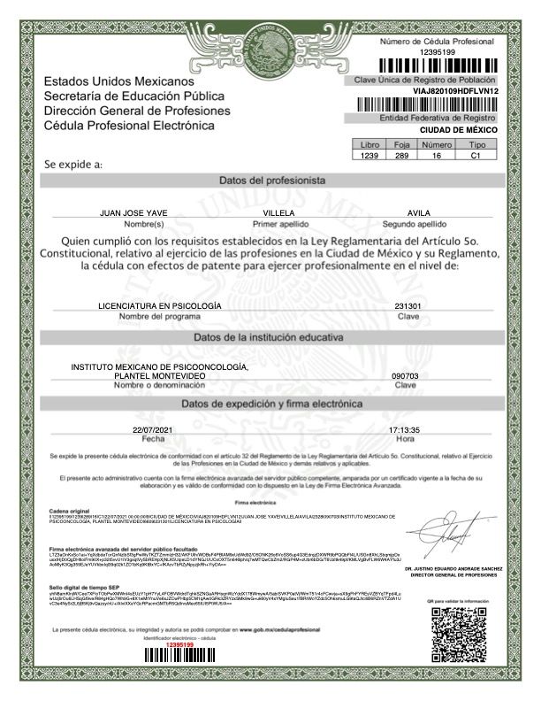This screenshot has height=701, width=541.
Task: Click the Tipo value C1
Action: [x=476, y=156]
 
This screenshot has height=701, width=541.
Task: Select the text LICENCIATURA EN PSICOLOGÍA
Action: [x=160, y=305]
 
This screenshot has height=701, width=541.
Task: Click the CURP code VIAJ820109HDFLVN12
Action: [x=456, y=91]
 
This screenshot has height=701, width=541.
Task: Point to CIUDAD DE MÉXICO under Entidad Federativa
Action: [x=458, y=129]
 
